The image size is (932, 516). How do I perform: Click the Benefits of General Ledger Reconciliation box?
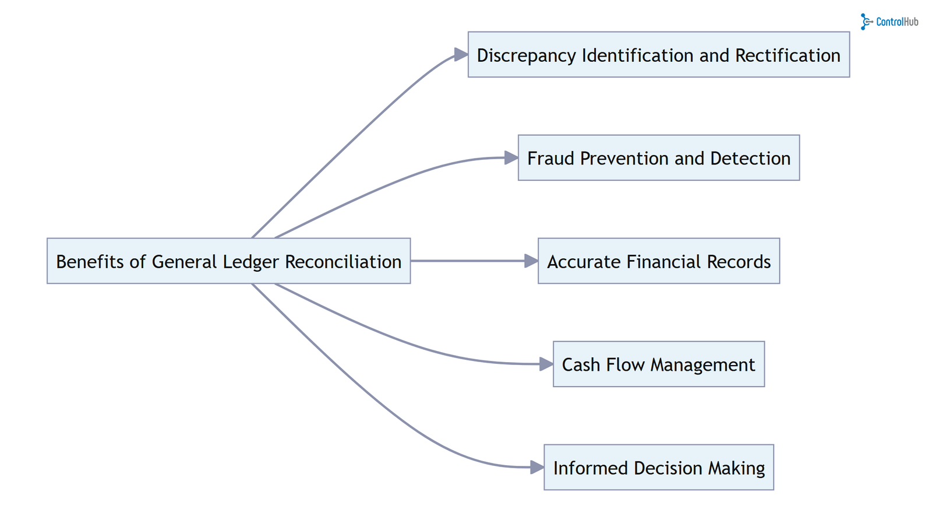coord(228,261)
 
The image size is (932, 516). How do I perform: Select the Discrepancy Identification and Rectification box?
coord(658,55)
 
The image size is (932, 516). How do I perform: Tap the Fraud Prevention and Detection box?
coord(658,158)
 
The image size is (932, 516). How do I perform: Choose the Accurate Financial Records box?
coord(658,261)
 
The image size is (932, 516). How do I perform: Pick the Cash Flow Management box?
coord(658,364)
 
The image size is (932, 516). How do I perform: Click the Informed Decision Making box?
coord(658,467)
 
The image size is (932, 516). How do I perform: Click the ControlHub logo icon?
coord(866,22)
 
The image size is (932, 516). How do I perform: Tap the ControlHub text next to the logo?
coord(897,22)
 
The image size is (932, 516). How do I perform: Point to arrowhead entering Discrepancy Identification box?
coord(461,55)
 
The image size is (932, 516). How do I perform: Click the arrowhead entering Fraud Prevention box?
coord(511,157)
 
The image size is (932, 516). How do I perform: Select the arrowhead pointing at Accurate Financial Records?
coord(531,261)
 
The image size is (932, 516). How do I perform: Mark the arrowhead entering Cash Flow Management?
coord(546,364)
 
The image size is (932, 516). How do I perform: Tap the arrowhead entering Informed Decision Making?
coord(536,467)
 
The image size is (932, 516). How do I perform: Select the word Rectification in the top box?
coord(788,55)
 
